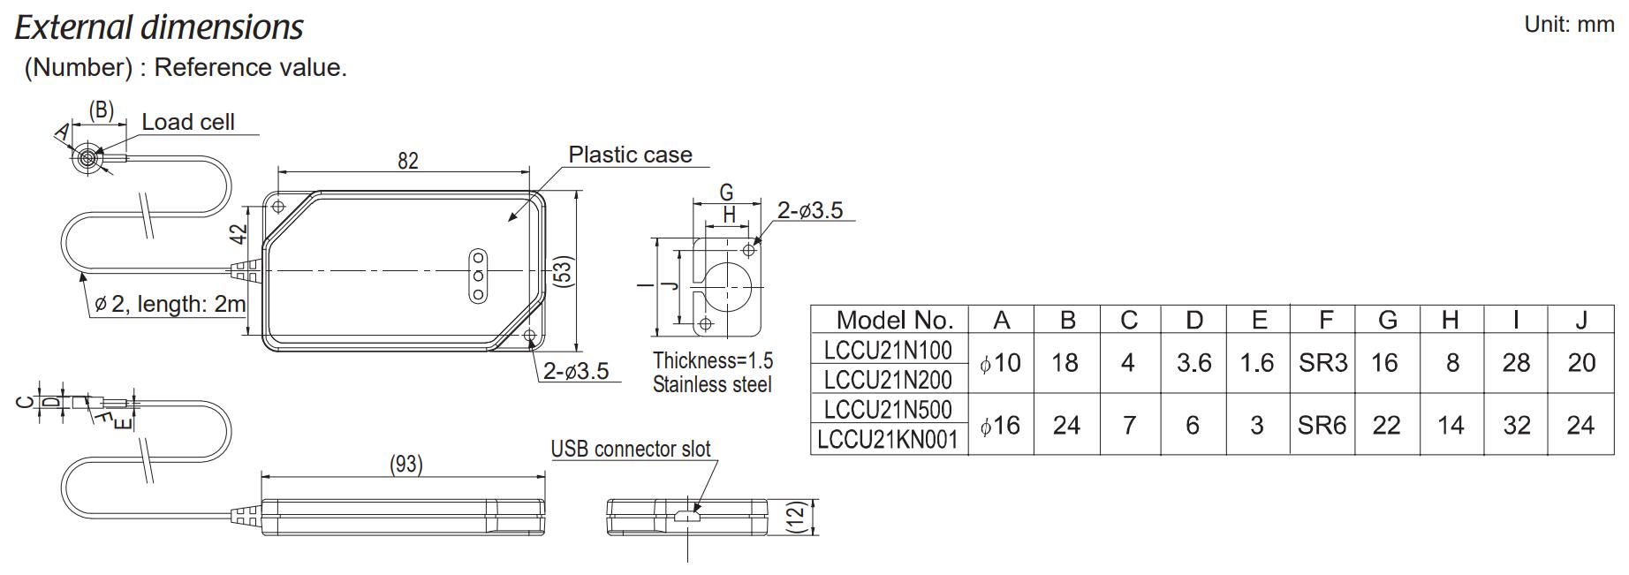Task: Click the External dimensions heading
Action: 159,28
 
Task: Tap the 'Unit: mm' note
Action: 1569,25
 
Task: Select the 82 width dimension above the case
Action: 407,161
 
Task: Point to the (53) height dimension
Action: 563,270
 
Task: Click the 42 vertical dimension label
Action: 238,234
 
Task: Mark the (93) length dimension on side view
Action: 405,464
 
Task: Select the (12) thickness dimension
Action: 796,517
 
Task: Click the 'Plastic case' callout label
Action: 630,155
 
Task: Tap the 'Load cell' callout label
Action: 188,122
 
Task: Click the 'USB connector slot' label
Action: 631,449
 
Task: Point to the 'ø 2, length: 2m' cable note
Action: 170,304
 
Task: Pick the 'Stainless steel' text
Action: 712,385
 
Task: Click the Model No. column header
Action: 894,320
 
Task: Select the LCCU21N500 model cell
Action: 888,409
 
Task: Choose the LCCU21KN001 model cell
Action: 888,439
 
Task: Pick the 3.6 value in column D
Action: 1193,363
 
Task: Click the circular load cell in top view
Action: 87,159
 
